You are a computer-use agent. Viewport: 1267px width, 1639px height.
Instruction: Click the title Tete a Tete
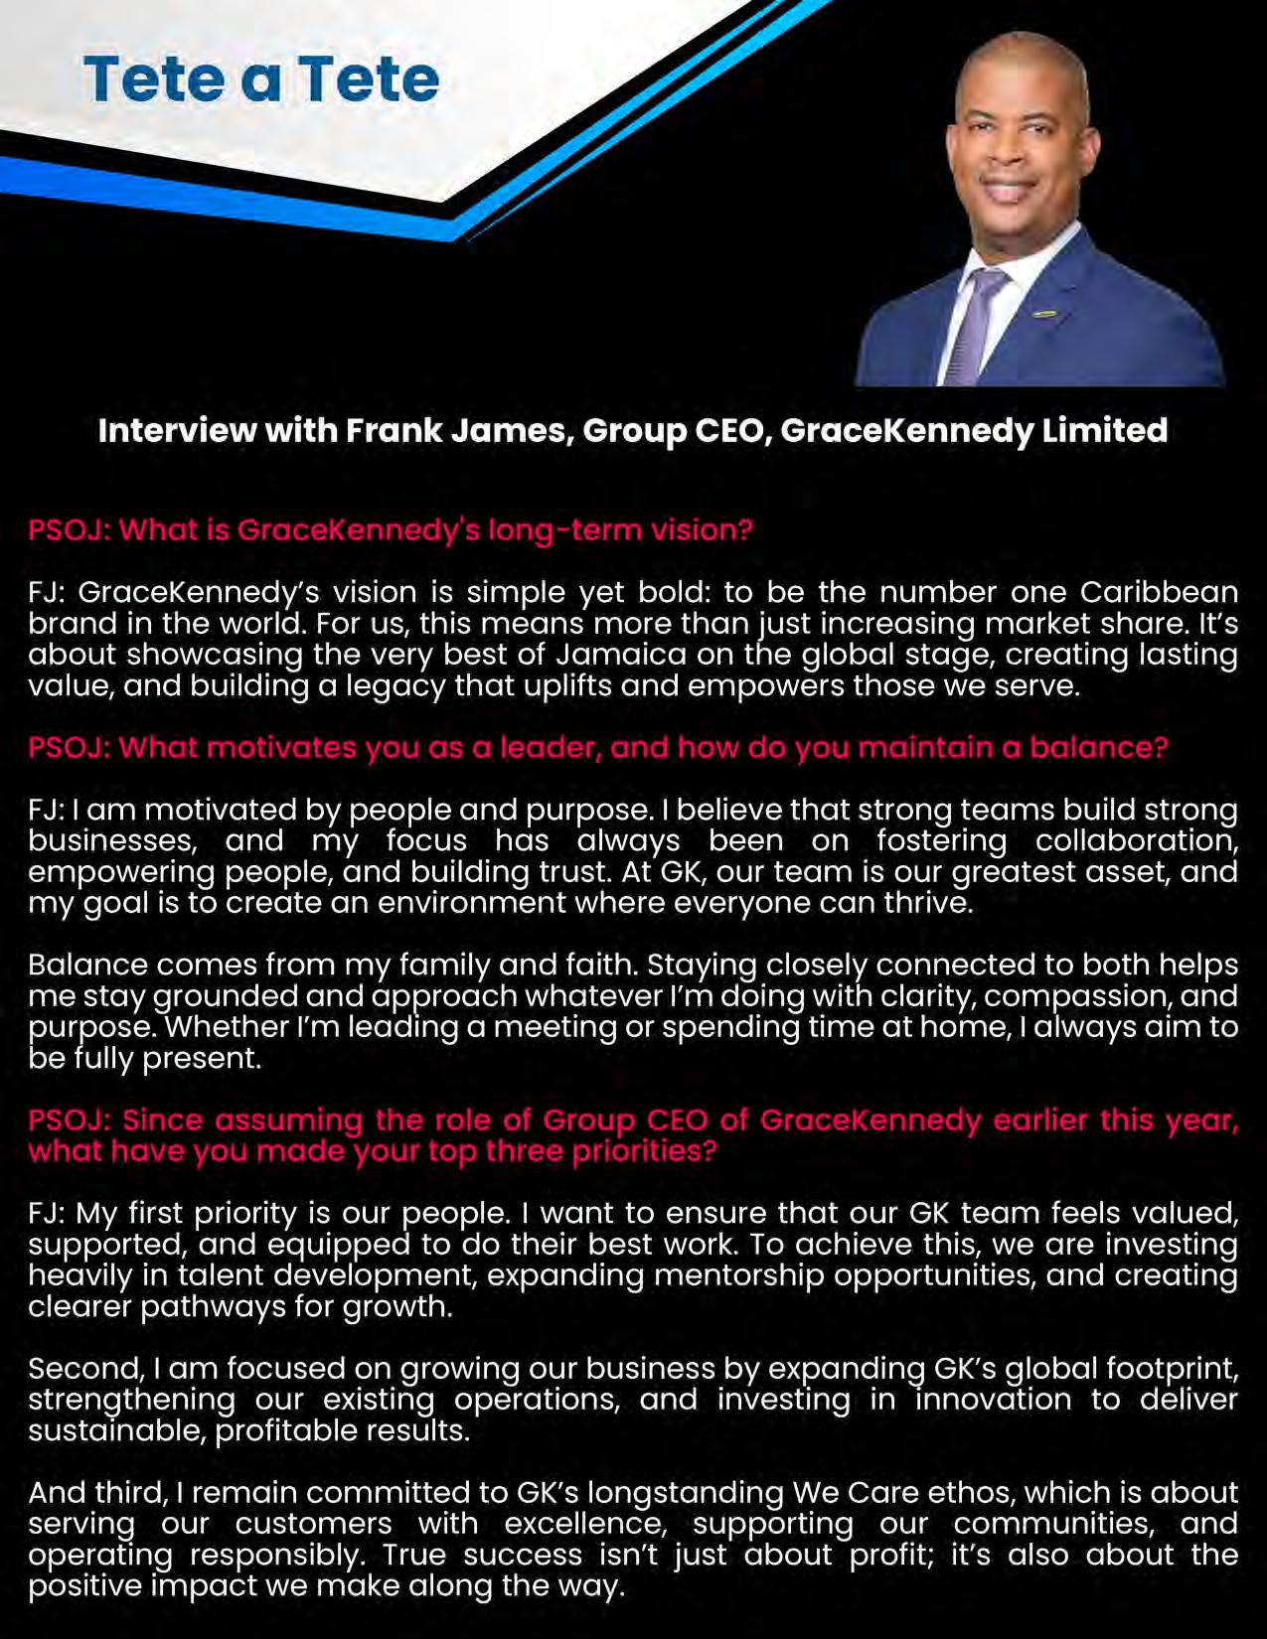click(261, 79)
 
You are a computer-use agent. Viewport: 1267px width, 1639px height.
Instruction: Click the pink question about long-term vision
click(391, 529)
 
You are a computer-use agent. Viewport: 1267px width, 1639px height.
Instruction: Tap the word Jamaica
click(621, 655)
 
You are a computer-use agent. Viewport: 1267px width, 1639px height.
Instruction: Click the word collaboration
click(1136, 840)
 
